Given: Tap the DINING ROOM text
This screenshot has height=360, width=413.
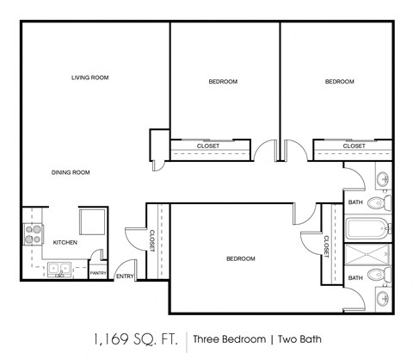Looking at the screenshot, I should [70, 172].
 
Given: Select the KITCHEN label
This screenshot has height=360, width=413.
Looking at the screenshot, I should [66, 243].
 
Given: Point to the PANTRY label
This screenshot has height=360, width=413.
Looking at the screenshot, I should [98, 274].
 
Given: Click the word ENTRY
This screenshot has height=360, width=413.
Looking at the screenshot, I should [125, 276].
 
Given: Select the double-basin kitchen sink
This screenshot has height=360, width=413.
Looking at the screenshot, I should [59, 271].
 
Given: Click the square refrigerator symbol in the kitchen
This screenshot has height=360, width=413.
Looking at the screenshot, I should [91, 222].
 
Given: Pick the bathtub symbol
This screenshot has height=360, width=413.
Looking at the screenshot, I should [367, 231].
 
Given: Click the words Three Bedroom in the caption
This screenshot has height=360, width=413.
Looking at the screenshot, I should [226, 338].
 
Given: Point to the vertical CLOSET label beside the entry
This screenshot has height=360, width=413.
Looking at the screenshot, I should [151, 242].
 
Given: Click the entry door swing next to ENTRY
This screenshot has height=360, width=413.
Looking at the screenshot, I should [125, 264].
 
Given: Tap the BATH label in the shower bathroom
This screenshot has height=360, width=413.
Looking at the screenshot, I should [354, 277].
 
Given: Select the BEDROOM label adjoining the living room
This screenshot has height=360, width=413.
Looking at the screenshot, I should [223, 82].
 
